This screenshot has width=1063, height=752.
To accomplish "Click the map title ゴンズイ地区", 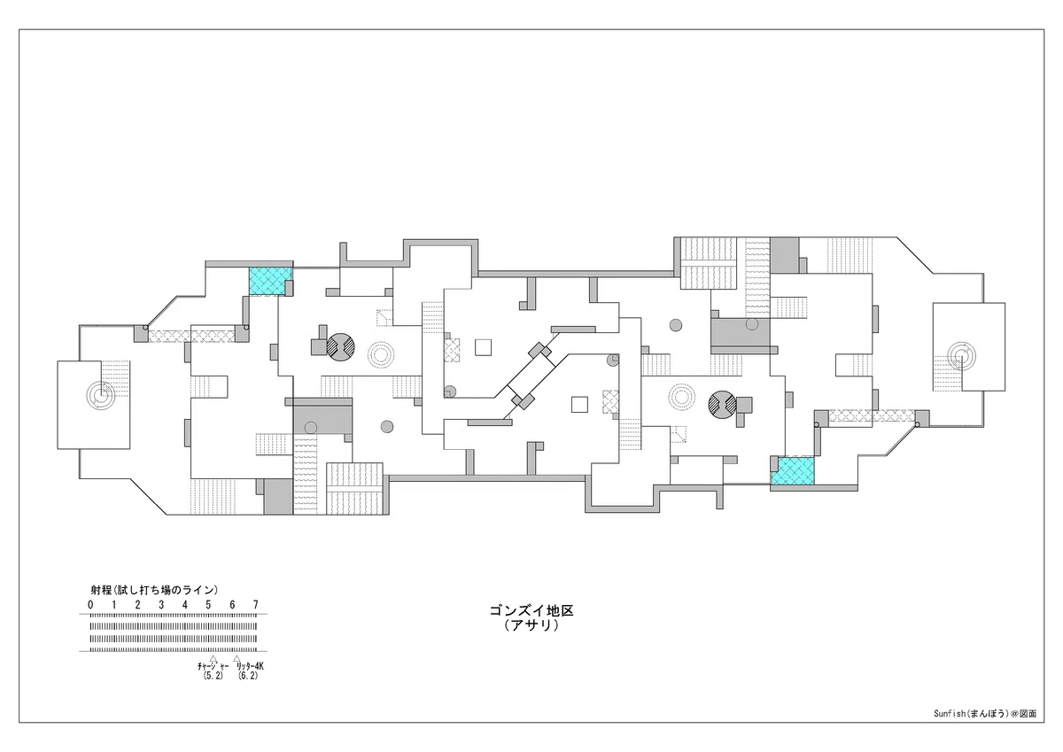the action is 531,610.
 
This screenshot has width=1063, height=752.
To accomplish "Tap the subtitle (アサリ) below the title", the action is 531,625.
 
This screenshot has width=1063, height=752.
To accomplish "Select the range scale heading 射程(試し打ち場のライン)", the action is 154,590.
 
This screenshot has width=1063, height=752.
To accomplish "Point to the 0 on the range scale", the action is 90,605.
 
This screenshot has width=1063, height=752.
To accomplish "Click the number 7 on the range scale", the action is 256,605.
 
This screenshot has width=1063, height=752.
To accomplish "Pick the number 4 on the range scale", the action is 184,605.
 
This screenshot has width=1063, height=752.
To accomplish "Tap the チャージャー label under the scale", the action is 213,667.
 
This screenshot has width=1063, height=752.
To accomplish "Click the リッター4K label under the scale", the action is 250,667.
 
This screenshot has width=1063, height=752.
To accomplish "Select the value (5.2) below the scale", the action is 213,676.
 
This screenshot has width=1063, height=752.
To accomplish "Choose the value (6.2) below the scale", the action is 248,676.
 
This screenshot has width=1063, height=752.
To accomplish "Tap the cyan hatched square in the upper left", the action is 269,281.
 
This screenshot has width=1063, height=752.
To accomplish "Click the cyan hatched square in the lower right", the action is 792,470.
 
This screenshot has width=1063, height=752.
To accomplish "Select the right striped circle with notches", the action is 722,405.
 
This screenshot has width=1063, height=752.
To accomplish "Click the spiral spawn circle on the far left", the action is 101,395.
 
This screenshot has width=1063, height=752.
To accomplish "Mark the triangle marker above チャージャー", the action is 213,658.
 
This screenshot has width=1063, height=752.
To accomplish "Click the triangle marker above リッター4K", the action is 237,658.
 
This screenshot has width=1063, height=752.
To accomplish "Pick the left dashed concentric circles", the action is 381,354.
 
